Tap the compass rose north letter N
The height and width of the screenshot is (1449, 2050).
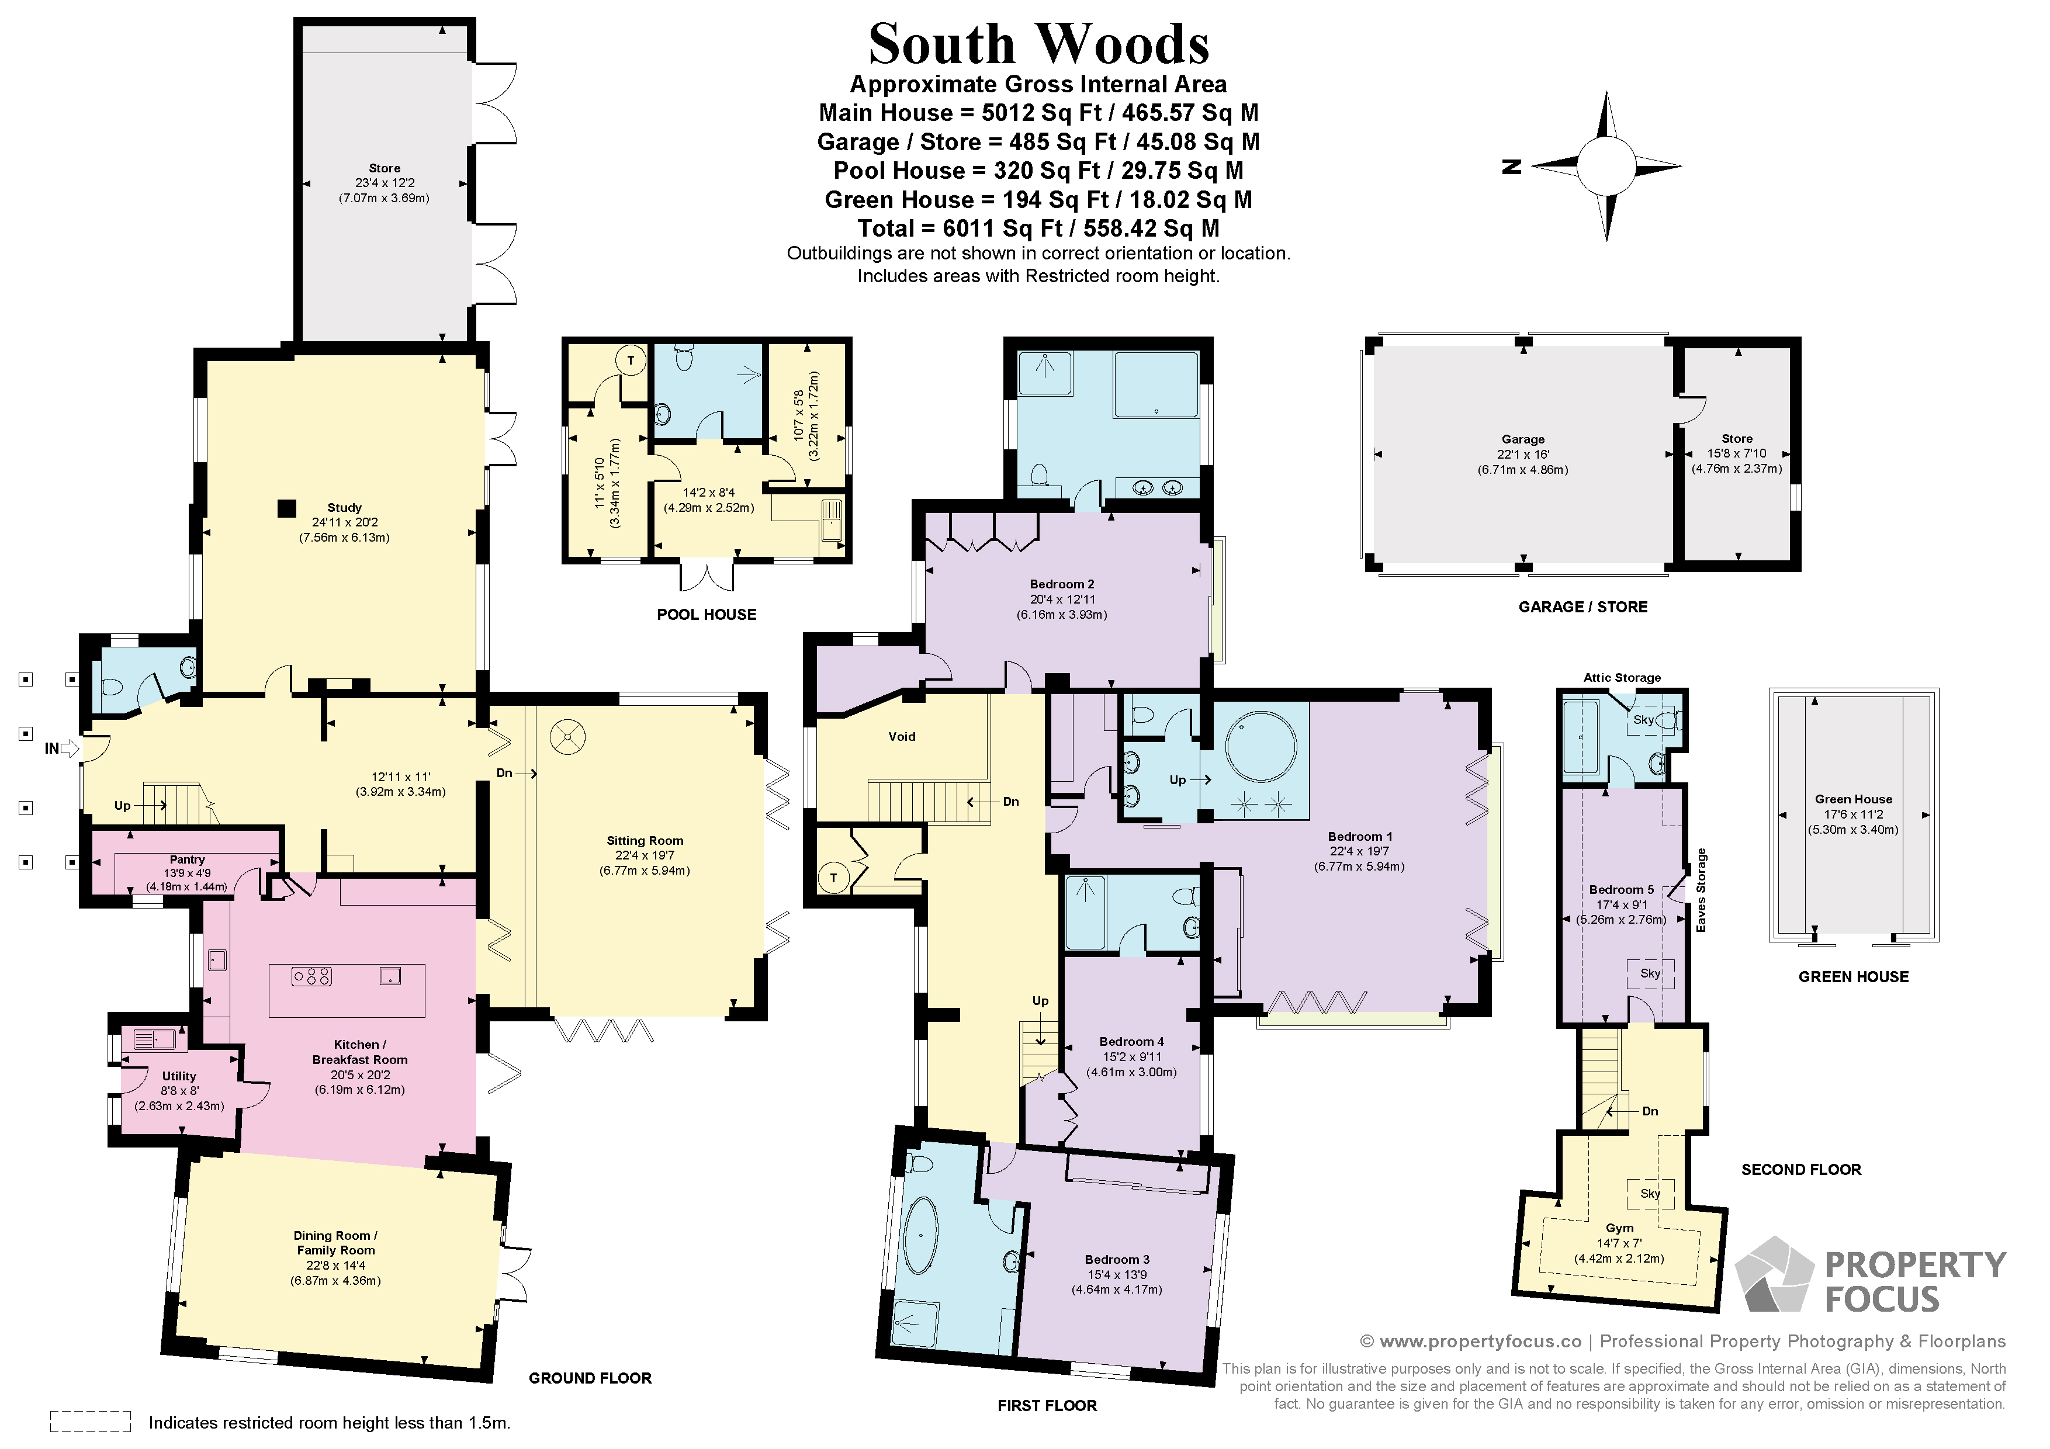(1511, 166)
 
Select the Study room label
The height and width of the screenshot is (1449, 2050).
(344, 507)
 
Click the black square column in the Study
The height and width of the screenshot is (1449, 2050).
(286, 508)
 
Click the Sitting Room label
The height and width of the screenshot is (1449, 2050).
(645, 840)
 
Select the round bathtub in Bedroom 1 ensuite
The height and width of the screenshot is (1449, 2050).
(1261, 746)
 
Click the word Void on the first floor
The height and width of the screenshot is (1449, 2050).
(902, 737)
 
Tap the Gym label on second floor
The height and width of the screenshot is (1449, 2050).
(1619, 1228)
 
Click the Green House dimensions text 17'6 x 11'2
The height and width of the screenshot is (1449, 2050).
(1854, 814)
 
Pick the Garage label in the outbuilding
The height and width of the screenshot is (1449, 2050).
(1522, 439)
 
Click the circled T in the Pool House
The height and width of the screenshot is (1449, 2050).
(631, 360)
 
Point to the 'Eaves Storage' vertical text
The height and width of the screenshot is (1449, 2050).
(1701, 890)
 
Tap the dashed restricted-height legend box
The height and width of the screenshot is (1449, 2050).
(90, 1422)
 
